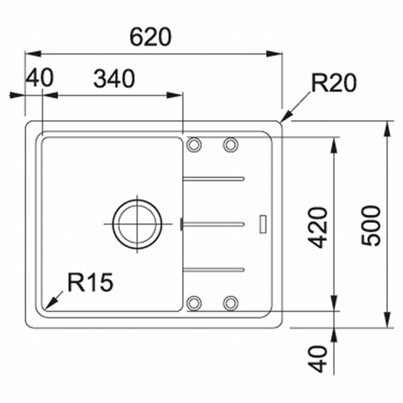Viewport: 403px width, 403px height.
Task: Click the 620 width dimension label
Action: [x=150, y=37]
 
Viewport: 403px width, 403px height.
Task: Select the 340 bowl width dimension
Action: [x=114, y=78]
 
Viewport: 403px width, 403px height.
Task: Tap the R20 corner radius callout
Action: [x=334, y=83]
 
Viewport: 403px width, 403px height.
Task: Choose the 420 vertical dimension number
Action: [x=318, y=227]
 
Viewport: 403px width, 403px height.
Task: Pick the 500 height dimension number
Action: [x=370, y=226]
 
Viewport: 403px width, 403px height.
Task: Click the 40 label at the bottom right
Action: [x=318, y=359]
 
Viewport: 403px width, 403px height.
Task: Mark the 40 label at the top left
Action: [x=40, y=78]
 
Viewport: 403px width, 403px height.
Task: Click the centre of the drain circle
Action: [x=137, y=224]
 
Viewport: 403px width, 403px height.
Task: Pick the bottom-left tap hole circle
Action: [x=194, y=303]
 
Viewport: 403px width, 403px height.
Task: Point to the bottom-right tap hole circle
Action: [x=231, y=303]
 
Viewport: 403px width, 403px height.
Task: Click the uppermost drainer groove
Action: [x=214, y=179]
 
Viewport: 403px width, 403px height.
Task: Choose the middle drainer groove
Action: [x=213, y=224]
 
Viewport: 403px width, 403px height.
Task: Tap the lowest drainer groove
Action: [x=214, y=269]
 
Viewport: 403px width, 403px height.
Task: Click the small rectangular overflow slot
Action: [x=263, y=224]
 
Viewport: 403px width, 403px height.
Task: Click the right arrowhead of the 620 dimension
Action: [x=274, y=54]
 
